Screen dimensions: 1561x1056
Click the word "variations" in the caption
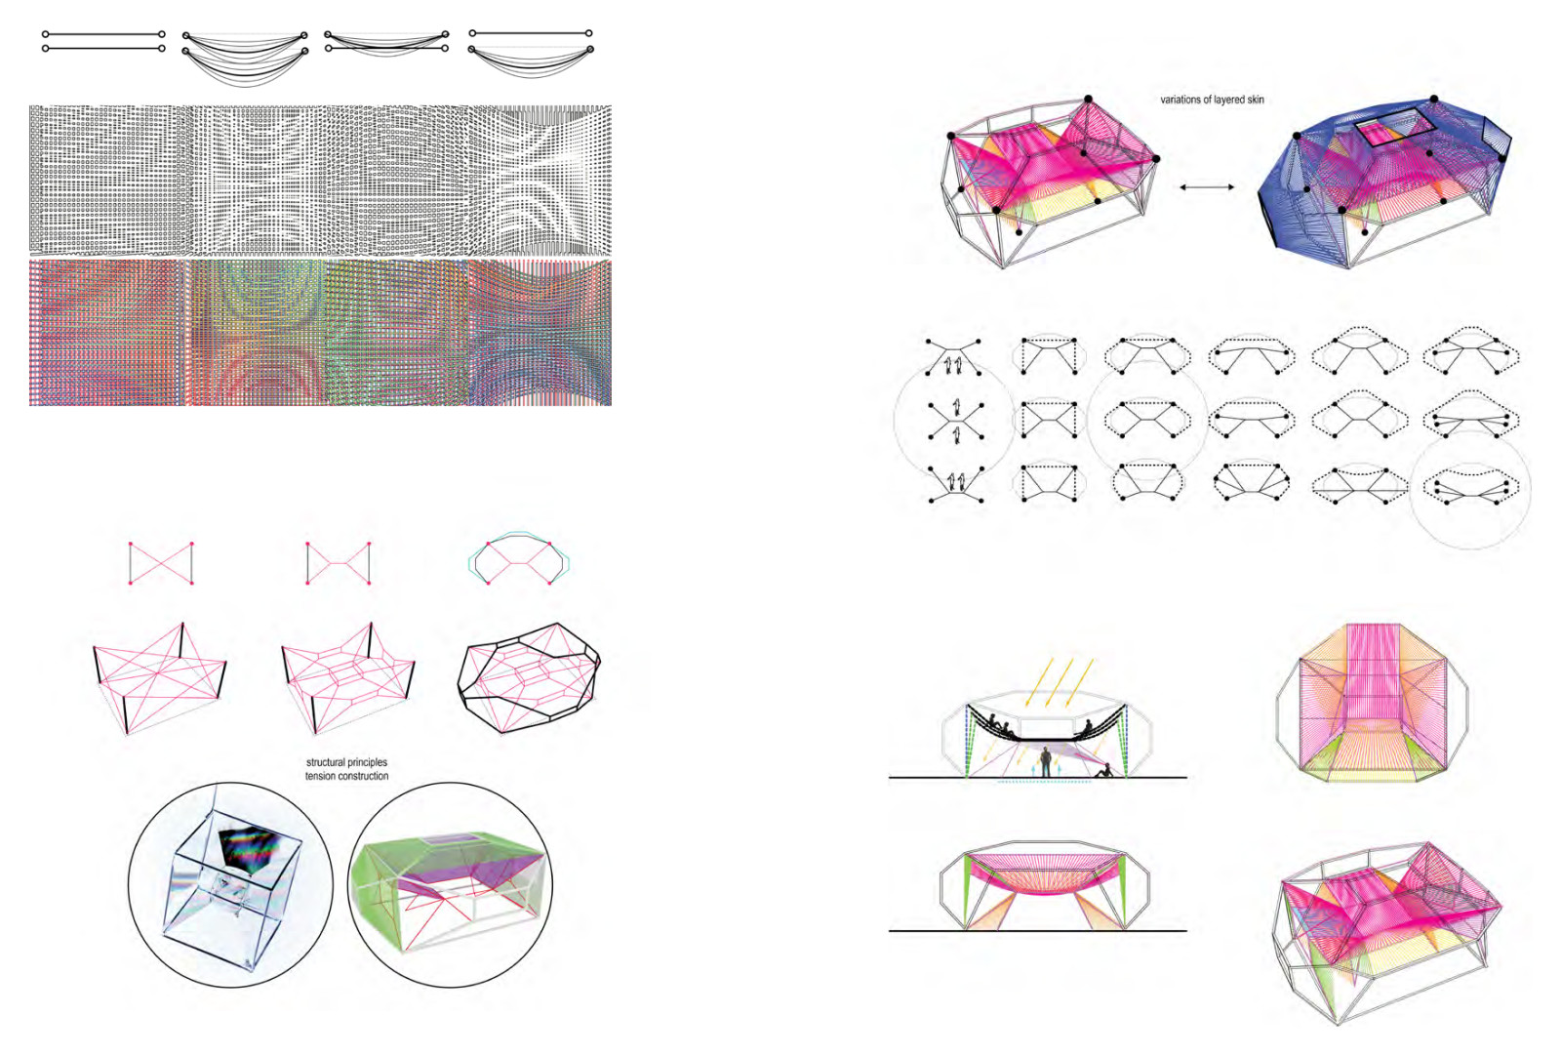click(1181, 100)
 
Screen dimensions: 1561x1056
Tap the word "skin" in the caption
click(1255, 100)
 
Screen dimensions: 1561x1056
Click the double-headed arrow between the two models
click(1207, 186)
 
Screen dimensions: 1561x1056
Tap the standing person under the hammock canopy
click(1045, 762)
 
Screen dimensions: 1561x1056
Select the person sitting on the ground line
click(1103, 770)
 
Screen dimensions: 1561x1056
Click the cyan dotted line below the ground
click(1044, 782)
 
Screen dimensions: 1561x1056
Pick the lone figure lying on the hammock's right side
click(1084, 730)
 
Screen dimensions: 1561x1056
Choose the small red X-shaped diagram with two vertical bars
click(161, 563)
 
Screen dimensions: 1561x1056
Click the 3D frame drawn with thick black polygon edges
click(528, 677)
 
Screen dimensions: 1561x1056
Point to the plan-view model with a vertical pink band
click(1372, 702)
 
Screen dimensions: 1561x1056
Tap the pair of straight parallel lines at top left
click(103, 41)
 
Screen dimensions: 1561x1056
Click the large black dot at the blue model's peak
click(1434, 100)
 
